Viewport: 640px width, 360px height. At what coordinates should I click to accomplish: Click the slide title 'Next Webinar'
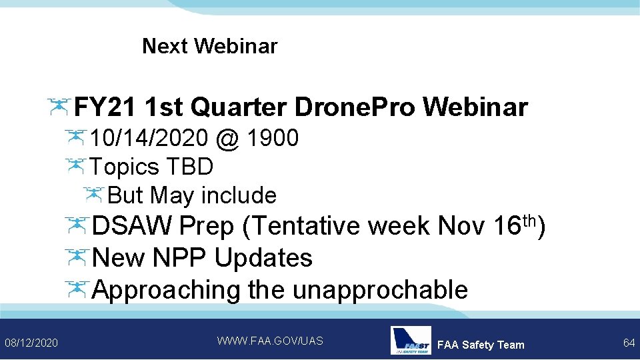coord(209,47)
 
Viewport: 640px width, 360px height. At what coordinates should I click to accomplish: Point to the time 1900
coord(272,139)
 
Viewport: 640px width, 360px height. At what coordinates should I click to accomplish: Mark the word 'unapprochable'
coord(380,290)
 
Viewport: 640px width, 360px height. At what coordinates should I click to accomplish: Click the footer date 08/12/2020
coord(31,343)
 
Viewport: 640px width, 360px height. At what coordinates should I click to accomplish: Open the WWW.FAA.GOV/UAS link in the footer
coord(270,341)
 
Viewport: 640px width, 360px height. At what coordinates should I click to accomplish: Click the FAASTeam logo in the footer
coord(411,341)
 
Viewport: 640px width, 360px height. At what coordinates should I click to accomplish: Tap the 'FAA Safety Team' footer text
coord(481,345)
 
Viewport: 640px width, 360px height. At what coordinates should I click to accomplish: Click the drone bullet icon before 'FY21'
coord(59,105)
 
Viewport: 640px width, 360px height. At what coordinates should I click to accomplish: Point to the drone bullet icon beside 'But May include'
coord(93,194)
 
